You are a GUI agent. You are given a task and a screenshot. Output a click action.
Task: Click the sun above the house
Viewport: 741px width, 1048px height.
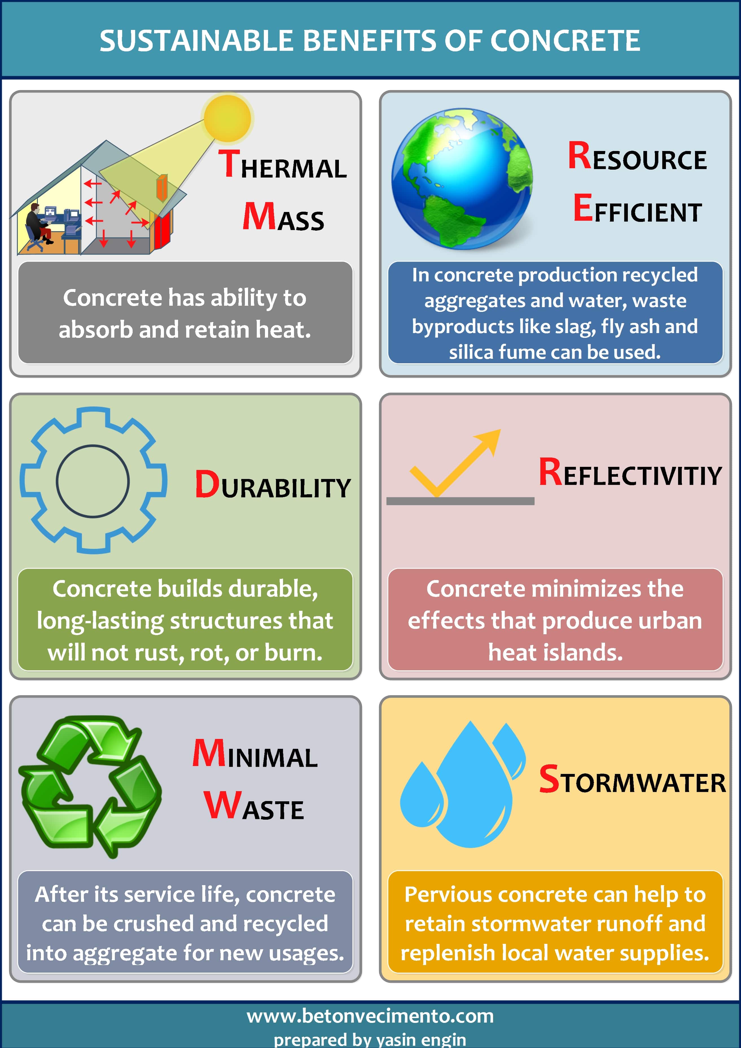click(227, 118)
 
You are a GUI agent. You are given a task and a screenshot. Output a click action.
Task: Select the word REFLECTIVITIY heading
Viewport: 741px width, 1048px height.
click(630, 472)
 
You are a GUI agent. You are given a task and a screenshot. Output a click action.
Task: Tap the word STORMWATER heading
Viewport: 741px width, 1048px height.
click(632, 780)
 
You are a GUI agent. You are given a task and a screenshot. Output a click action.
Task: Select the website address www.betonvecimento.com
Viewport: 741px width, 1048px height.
click(370, 1016)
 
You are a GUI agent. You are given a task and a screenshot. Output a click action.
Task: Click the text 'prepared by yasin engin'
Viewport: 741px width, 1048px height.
click(370, 1039)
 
